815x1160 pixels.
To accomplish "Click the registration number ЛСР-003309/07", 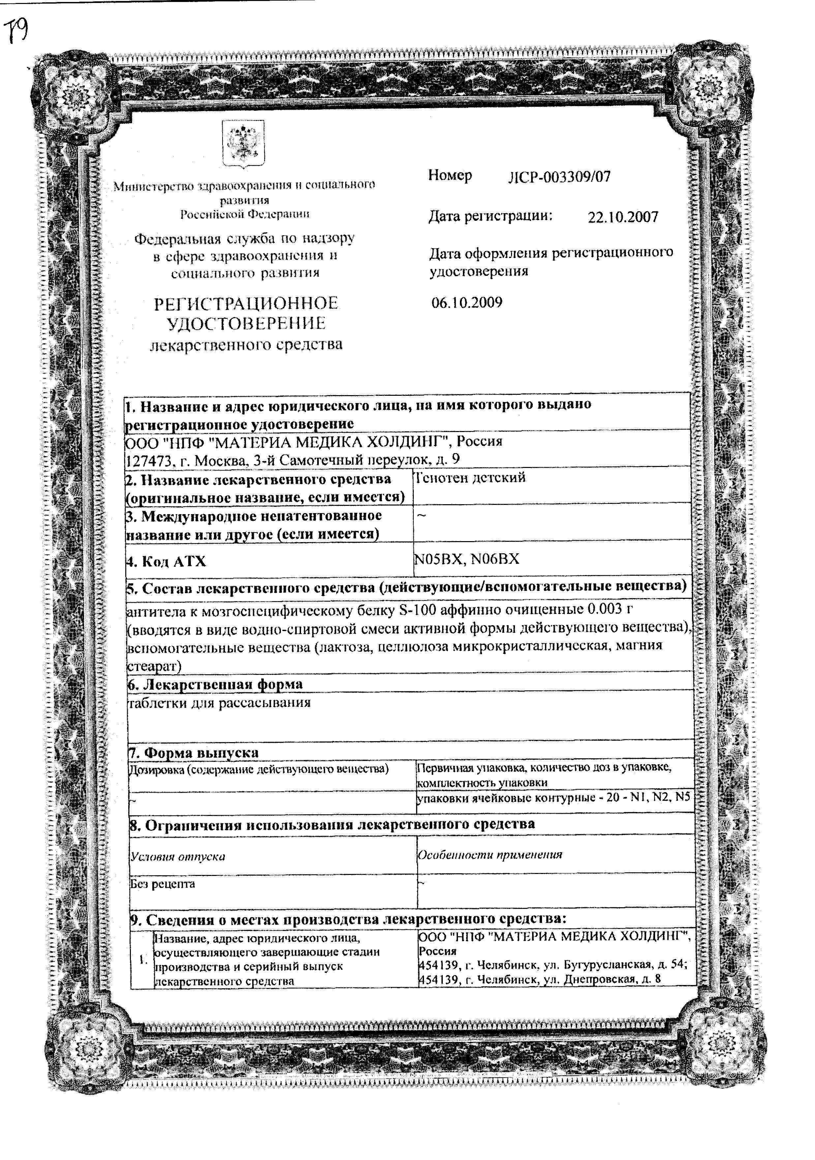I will (559, 177).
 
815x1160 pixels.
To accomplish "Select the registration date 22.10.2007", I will (622, 217).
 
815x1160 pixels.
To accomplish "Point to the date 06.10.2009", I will (467, 303).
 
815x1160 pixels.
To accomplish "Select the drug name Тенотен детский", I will (470, 478).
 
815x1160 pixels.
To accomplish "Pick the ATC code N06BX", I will (495, 559).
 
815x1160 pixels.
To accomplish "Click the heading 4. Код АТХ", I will (166, 561).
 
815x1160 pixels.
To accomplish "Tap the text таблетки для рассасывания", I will (220, 703).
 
